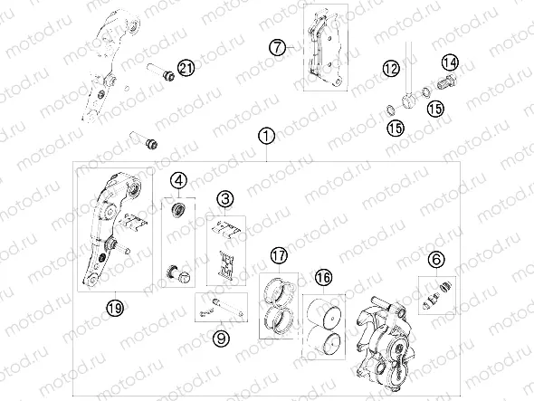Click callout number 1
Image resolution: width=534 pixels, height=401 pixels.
coord(265,136)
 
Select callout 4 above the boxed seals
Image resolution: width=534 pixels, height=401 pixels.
coord(178,179)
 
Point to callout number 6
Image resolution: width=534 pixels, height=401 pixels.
coord(435,261)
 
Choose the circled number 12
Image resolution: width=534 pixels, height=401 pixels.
coord(390,69)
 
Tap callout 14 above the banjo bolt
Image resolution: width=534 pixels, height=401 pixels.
coord(450,62)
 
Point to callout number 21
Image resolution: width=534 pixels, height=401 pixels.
coord(186,67)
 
